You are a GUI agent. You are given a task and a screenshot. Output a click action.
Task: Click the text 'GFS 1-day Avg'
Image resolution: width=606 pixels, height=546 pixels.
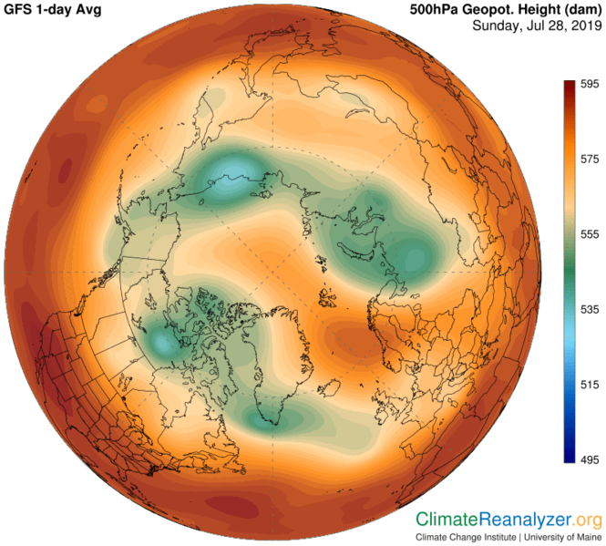point(51,9)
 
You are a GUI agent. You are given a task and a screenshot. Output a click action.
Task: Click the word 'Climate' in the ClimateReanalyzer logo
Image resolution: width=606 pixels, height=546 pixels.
point(447,520)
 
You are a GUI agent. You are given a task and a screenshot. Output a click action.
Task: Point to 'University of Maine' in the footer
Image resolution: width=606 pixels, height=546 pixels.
point(560,538)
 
